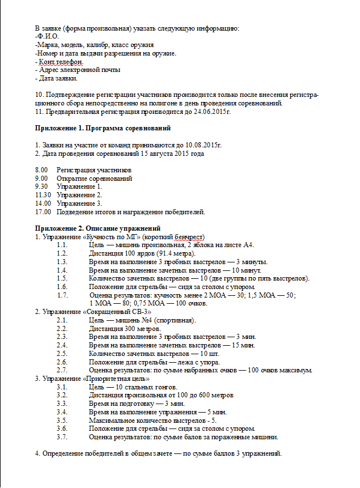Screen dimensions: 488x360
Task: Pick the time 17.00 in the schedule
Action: (x=43, y=212)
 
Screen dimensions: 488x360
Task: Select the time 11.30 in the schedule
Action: (x=43, y=195)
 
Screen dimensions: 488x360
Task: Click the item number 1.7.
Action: (x=63, y=295)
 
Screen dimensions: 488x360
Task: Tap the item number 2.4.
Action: (x=63, y=345)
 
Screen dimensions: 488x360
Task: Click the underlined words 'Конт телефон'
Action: (x=61, y=62)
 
